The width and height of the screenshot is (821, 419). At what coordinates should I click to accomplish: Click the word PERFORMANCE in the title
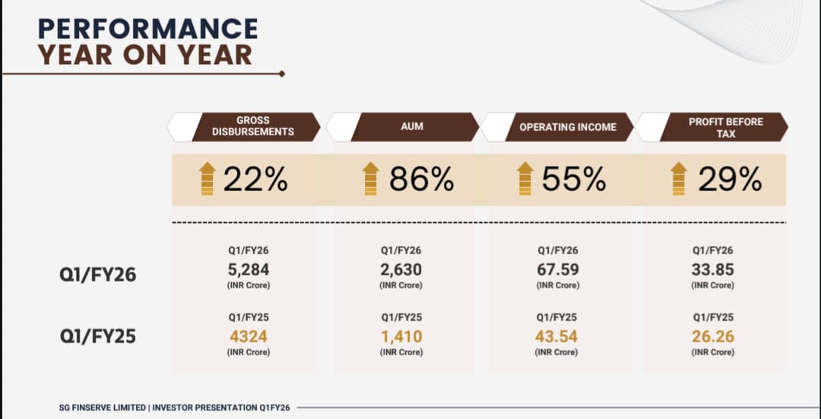pyautogui.click(x=148, y=28)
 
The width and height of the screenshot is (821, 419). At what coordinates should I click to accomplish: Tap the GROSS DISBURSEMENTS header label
pyautogui.click(x=253, y=126)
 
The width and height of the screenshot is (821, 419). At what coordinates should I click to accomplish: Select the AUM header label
pyautogui.click(x=412, y=126)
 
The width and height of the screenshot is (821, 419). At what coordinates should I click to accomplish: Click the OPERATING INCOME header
pyautogui.click(x=568, y=127)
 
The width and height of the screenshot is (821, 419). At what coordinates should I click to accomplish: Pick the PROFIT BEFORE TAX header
pyautogui.click(x=725, y=127)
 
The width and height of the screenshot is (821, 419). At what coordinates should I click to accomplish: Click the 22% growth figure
pyautogui.click(x=255, y=179)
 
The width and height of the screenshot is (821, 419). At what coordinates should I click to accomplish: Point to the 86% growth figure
pyautogui.click(x=422, y=179)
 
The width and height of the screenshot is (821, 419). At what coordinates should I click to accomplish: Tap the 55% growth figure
pyautogui.click(x=574, y=179)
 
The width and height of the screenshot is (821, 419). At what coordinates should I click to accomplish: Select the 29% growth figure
pyautogui.click(x=730, y=179)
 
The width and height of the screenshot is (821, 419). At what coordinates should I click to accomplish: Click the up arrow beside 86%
pyautogui.click(x=370, y=179)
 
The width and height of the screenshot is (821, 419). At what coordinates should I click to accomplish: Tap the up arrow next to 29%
pyautogui.click(x=679, y=179)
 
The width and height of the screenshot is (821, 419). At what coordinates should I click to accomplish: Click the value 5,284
pyautogui.click(x=249, y=270)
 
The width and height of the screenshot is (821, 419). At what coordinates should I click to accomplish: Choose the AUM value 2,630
pyautogui.click(x=401, y=270)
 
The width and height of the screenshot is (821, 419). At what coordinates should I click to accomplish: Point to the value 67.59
pyautogui.click(x=557, y=270)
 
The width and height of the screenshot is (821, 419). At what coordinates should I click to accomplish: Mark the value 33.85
pyautogui.click(x=712, y=270)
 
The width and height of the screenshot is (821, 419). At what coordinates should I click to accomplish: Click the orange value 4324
pyautogui.click(x=249, y=336)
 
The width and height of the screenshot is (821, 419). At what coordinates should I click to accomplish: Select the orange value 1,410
pyautogui.click(x=401, y=336)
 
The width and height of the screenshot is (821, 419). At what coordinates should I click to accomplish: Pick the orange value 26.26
pyautogui.click(x=712, y=336)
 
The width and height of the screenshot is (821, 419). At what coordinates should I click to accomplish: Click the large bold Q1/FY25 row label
pyautogui.click(x=98, y=336)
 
